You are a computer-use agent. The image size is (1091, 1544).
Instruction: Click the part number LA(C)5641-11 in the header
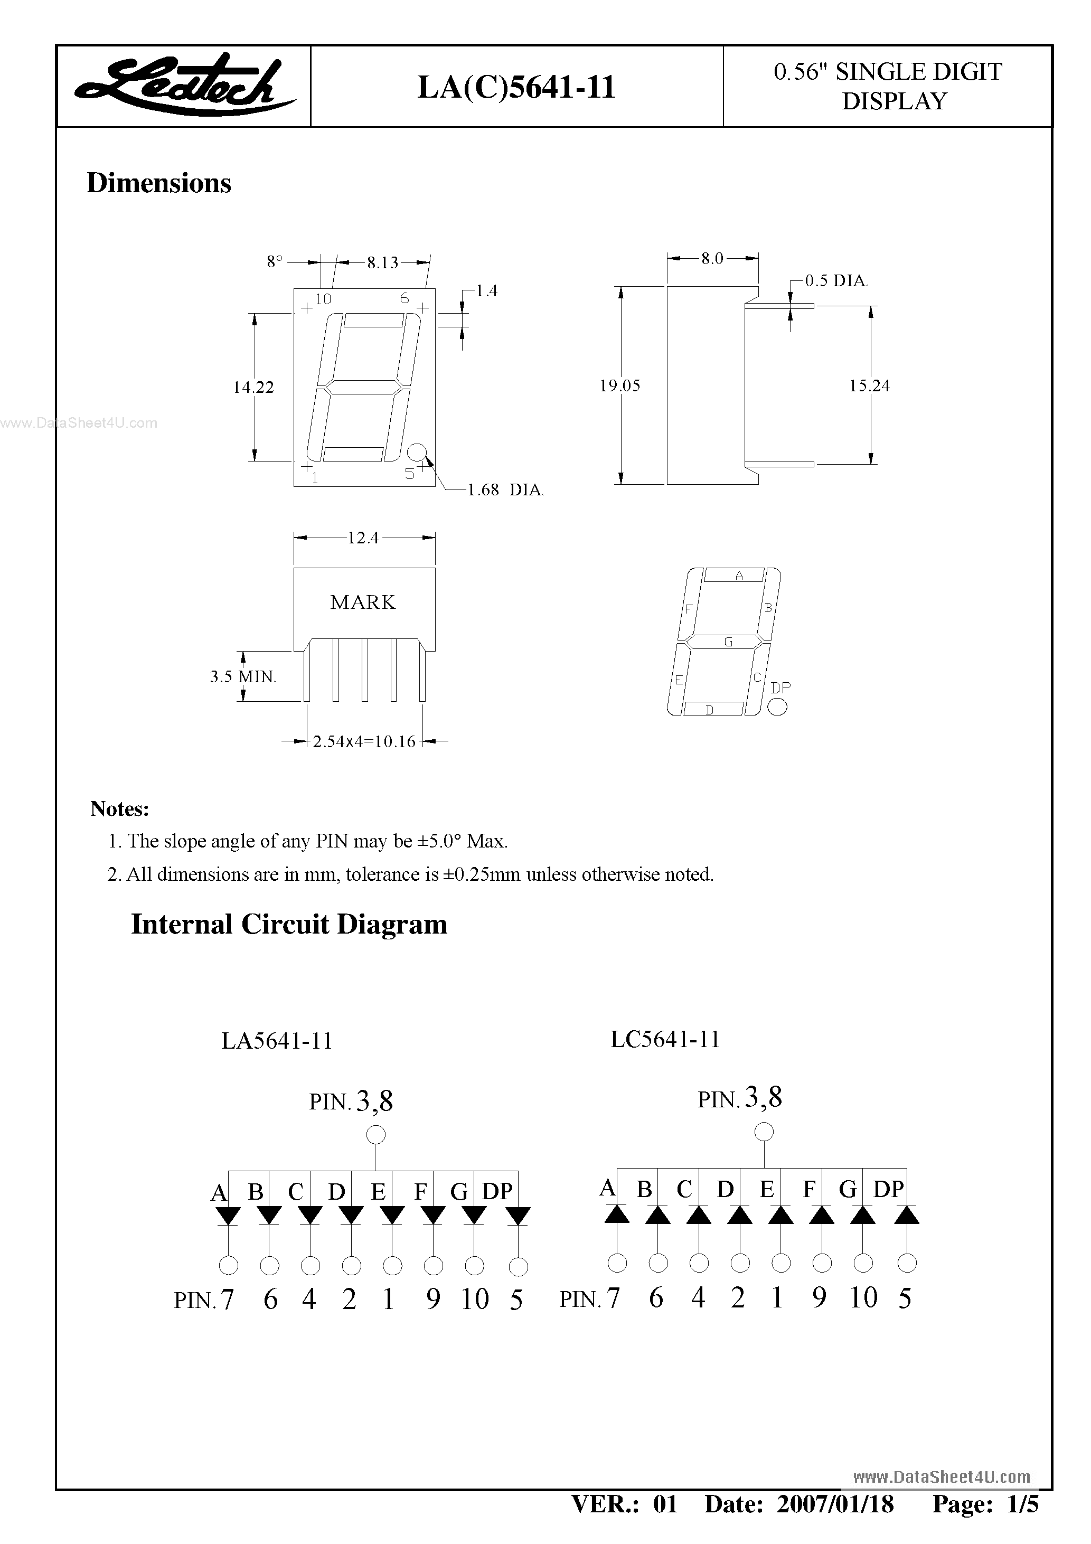click(516, 88)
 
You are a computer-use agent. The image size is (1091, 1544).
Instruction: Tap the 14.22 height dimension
click(253, 388)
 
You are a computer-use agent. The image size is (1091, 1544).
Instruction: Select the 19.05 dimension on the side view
click(619, 386)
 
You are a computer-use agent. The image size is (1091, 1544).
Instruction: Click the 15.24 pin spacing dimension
click(869, 386)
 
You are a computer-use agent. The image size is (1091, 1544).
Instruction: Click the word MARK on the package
click(363, 602)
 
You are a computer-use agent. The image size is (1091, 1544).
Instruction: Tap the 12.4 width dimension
click(363, 538)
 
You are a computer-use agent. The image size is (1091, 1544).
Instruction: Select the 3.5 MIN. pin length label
click(243, 676)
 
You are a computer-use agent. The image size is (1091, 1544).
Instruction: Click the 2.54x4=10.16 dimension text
click(364, 742)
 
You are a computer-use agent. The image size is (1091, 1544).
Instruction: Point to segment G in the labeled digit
click(728, 642)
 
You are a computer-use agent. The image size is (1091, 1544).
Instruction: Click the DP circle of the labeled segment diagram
click(777, 706)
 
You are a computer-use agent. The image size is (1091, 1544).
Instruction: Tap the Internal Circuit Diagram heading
click(289, 925)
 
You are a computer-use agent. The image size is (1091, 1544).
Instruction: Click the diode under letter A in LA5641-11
click(228, 1216)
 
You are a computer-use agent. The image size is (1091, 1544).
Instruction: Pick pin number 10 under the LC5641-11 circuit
click(863, 1298)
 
